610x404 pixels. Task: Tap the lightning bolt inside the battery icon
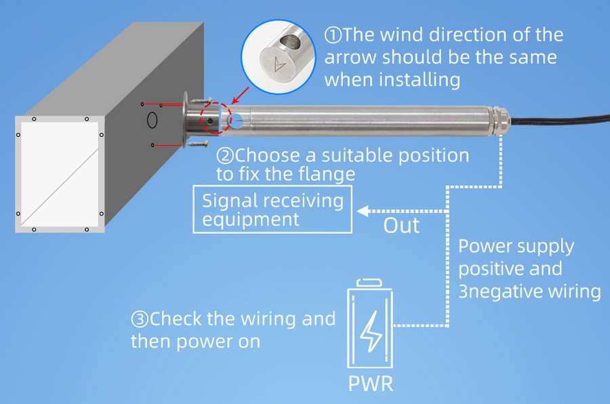pos(370,330)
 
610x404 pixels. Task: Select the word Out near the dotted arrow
pos(401,225)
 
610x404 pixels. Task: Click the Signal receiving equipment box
pos(273,209)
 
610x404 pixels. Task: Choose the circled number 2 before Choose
pos(225,155)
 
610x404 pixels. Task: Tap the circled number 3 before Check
pos(140,319)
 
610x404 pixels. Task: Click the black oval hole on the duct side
pos(152,121)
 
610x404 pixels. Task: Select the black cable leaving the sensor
pos(556,125)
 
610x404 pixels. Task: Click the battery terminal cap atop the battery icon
pos(370,281)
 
